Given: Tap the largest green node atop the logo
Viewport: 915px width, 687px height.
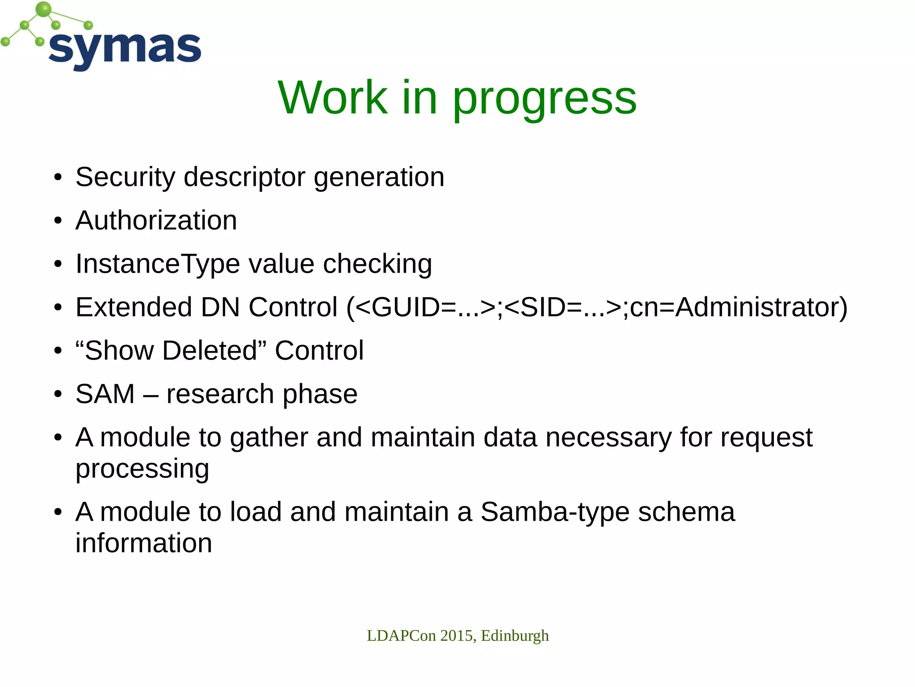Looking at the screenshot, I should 43,9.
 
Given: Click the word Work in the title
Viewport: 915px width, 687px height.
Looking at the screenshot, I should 332,98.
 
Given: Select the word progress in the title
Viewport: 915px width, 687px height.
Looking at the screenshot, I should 545,99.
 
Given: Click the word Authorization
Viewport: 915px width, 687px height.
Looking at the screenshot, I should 156,220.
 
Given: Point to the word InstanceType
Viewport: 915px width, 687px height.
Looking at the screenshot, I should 158,264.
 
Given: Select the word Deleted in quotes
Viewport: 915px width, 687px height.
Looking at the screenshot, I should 210,350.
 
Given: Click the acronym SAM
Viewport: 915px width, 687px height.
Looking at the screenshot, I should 105,394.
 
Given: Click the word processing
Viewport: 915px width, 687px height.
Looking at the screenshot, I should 142,469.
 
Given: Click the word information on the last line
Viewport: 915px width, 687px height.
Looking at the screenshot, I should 143,543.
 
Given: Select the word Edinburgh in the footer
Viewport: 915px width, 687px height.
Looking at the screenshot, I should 515,636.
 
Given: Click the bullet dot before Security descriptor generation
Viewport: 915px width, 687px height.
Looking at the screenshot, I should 58,177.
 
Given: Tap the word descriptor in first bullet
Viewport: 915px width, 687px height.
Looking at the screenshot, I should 244,177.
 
